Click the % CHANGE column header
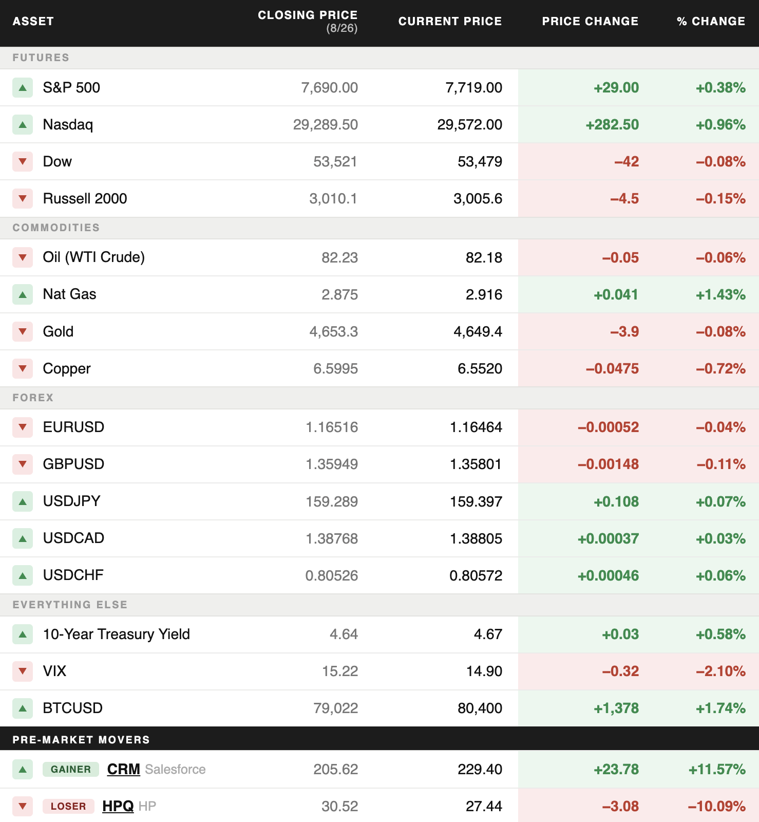(x=711, y=21)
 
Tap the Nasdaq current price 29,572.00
(x=470, y=124)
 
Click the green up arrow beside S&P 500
(x=23, y=88)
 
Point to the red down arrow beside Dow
(x=23, y=161)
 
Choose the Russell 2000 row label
(x=85, y=198)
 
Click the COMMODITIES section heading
(x=56, y=228)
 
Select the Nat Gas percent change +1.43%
(x=720, y=294)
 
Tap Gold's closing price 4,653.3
(x=334, y=332)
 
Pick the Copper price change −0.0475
(x=612, y=368)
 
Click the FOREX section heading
(x=33, y=398)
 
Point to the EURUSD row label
(x=73, y=427)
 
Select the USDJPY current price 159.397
(x=476, y=501)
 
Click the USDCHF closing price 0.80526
(x=332, y=575)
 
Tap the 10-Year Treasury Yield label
(x=117, y=634)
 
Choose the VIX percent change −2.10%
(x=720, y=671)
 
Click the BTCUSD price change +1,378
(x=616, y=708)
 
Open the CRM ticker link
(x=124, y=769)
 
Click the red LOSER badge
(x=68, y=806)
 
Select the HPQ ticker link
(x=118, y=806)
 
